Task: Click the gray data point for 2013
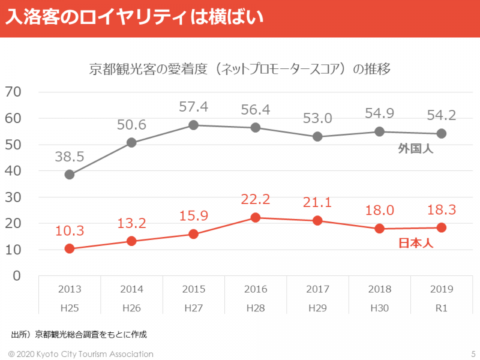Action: [70, 175]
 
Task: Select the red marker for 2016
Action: [256, 218]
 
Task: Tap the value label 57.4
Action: [193, 107]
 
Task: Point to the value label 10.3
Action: [70, 231]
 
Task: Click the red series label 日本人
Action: [416, 244]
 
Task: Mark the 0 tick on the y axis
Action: [17, 276]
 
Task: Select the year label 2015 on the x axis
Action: [194, 289]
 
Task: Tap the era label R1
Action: [441, 308]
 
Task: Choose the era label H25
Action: [70, 308]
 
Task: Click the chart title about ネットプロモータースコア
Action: [240, 69]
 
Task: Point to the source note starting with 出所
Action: [79, 334]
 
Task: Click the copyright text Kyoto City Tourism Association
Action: [81, 354]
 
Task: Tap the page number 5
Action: [473, 354]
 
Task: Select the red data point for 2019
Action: [441, 227]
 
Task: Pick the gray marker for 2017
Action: [317, 137]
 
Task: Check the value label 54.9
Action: [379, 114]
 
